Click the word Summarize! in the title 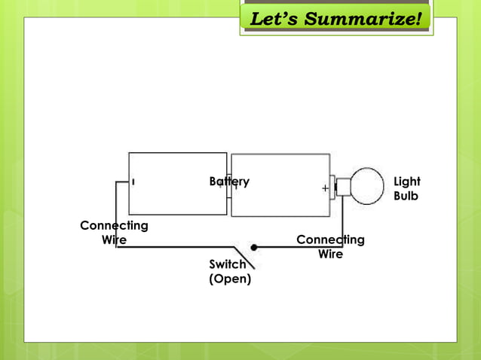363,18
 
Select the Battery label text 228,182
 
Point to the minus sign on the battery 133,182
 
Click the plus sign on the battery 324,188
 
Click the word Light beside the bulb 407,182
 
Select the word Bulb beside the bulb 406,197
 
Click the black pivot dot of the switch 254,247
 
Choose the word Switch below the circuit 228,264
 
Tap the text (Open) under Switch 230,279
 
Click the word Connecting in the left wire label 114,225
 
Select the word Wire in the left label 114,239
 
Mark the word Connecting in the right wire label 330,239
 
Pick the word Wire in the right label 330,254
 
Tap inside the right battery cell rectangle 279,203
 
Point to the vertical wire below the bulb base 343,218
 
